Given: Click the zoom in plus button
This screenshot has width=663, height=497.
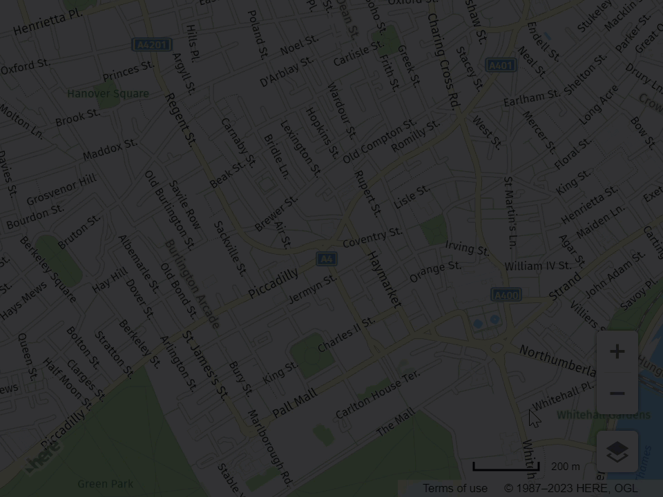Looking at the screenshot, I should click(617, 351).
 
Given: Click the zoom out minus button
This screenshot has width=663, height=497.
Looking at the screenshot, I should click(617, 393).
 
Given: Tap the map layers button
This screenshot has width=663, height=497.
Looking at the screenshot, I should click(617, 452).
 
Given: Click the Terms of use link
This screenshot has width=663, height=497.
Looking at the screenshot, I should click(454, 488).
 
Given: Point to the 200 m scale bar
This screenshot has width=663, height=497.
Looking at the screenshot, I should click(506, 467).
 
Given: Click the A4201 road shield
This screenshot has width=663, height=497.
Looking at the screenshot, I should click(152, 45).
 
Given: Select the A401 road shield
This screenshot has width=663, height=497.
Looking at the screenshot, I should click(501, 66).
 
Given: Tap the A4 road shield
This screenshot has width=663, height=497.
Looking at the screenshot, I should click(327, 259).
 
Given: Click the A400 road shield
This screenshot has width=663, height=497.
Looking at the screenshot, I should click(506, 295).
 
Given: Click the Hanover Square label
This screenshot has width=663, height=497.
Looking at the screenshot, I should click(108, 93).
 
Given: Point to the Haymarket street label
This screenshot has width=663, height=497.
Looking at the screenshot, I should click(383, 279).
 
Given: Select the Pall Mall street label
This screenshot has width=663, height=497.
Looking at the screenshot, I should click(295, 403).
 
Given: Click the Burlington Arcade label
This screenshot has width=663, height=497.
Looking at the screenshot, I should click(192, 284).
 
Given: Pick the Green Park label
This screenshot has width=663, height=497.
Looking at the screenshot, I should click(105, 484).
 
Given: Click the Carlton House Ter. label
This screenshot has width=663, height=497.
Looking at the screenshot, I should click(378, 394).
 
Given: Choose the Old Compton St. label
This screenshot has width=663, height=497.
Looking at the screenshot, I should click(379, 142).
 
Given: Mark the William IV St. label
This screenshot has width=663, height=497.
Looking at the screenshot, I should click(537, 266).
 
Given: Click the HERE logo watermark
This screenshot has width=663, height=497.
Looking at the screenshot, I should click(43, 456).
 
